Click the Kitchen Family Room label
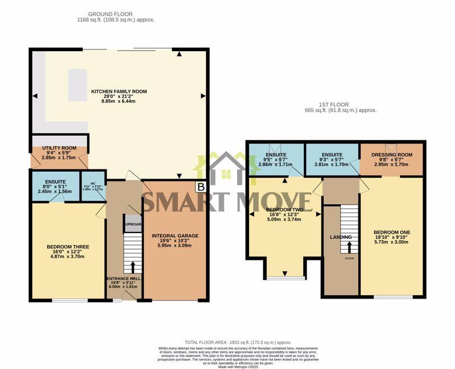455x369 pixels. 119,92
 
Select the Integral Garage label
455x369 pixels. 175,235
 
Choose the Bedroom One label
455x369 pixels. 391,233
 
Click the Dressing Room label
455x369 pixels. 391,154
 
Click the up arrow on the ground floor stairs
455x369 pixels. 133,266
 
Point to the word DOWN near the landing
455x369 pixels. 349,258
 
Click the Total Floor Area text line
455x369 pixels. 238,342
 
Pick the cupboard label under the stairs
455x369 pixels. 133,223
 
